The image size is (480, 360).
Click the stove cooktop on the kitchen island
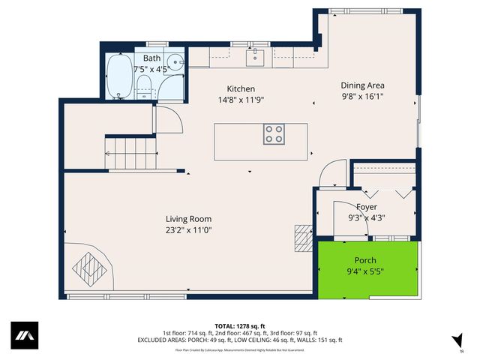pos(274,134)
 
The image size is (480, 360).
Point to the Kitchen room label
pos(241,88)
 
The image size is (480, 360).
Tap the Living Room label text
pos(188,219)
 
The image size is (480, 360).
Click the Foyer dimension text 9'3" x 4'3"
pos(367,217)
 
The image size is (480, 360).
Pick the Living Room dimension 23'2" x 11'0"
pos(188,230)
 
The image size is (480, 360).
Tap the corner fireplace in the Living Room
pos(88,267)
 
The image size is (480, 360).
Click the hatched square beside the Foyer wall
pos(301,239)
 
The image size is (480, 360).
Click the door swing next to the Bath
pos(165,121)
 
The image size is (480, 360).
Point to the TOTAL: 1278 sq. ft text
pos(240,326)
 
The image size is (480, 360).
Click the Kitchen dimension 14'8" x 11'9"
pos(241,99)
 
